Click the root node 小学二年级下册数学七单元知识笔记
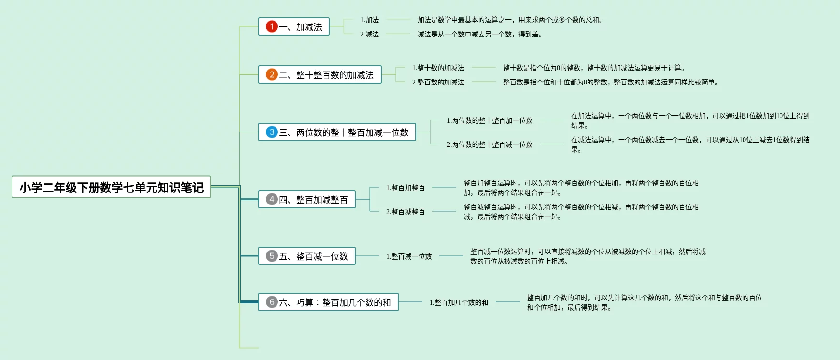pos(111,187)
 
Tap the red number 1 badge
pos(272,26)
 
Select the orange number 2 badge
pos(272,74)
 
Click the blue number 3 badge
pos(272,132)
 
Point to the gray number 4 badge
pos(272,199)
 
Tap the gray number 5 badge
pos(272,256)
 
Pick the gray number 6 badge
pos(272,302)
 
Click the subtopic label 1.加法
pos(370,20)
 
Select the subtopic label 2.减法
pos(370,34)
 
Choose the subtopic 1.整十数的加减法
pos(438,68)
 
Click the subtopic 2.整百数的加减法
pos(438,82)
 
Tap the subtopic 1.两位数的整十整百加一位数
pos(490,120)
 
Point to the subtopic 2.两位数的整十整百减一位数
pos(490,144)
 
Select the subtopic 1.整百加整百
pos(406,188)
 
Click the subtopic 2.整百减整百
pos(406,212)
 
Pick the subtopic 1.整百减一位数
pos(409,256)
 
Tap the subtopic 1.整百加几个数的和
pos(459,302)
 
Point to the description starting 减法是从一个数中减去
pos(480,34)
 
